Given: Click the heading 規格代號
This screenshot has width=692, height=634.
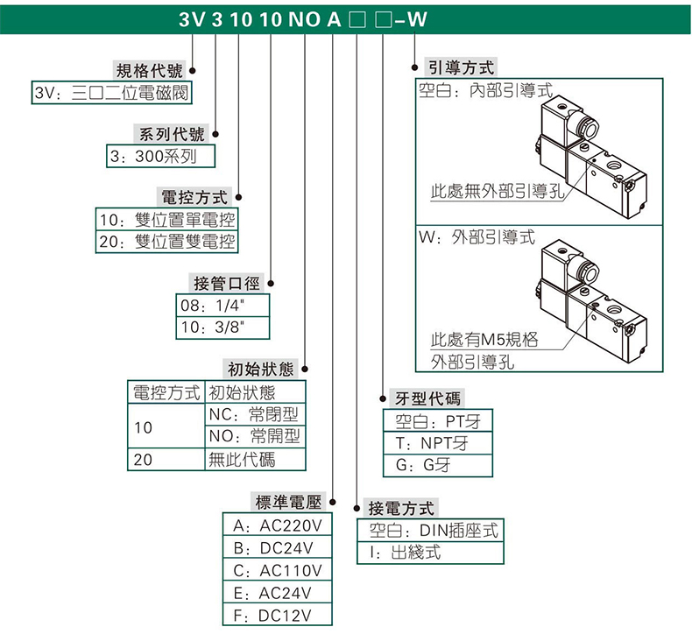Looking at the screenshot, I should click(x=150, y=71).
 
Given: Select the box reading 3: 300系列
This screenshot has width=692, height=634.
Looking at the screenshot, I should click(x=159, y=157).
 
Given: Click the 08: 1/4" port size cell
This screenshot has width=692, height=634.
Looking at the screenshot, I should click(x=222, y=306).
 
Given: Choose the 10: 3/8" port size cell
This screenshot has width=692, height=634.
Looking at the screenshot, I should click(x=222, y=328).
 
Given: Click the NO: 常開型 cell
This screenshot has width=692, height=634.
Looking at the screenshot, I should click(x=256, y=435).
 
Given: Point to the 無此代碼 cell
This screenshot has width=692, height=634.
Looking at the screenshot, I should click(x=256, y=459).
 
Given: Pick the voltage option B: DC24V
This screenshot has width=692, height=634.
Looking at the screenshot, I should click(x=278, y=548).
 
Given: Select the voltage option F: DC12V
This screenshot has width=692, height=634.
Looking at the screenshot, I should click(x=278, y=616).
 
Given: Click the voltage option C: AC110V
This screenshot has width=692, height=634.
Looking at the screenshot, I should click(x=278, y=571).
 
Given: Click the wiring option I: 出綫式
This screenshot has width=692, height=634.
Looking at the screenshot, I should click(x=429, y=553).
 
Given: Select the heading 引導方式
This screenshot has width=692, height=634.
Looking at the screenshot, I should click(x=461, y=67).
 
